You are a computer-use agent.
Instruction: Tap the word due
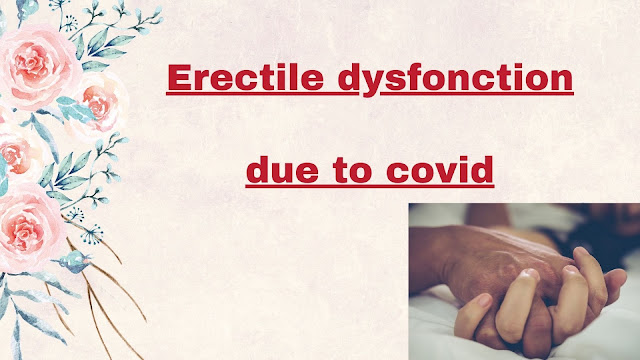(x=282, y=169)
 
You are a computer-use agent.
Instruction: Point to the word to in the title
(x=352, y=171)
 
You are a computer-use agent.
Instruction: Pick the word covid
(x=440, y=169)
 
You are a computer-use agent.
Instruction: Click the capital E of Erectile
(x=179, y=78)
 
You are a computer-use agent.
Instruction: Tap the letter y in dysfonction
(x=374, y=84)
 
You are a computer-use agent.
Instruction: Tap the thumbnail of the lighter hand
(x=484, y=301)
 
